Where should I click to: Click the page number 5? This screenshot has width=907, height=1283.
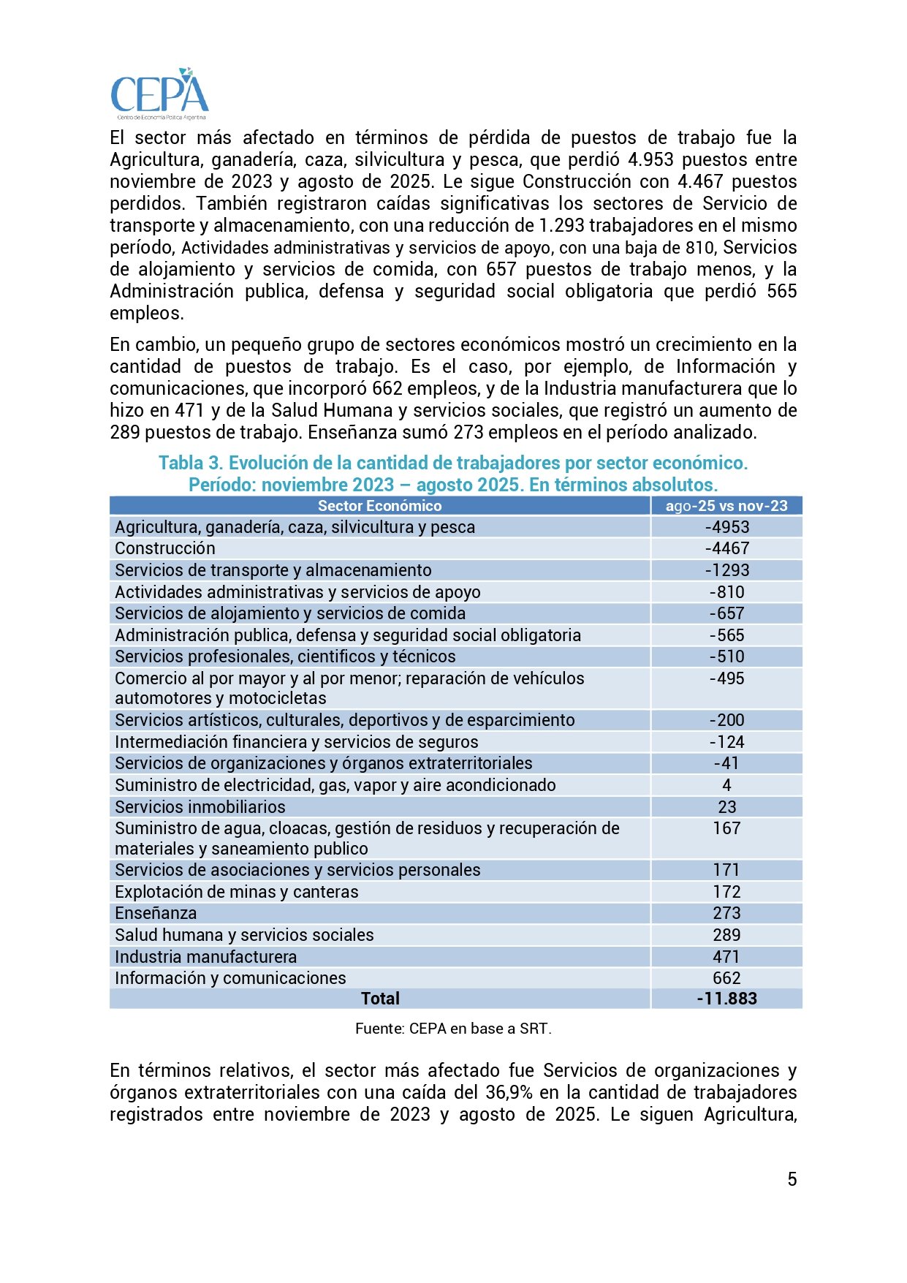[x=792, y=1179]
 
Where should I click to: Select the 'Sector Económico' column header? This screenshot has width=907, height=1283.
[x=379, y=506]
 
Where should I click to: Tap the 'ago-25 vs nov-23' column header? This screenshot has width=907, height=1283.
[x=726, y=506]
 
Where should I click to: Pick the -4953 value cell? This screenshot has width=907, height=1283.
[x=726, y=527]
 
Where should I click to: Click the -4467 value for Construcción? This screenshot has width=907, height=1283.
[x=726, y=548]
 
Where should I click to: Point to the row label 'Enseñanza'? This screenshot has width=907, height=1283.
[x=156, y=913]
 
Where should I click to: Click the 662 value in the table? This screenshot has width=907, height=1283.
[x=726, y=978]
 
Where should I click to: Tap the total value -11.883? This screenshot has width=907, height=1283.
[x=726, y=999]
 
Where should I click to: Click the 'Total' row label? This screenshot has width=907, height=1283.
[x=380, y=999]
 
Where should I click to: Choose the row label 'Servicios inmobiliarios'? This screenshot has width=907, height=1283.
[x=200, y=807]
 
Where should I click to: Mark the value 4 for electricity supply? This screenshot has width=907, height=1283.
[x=726, y=785]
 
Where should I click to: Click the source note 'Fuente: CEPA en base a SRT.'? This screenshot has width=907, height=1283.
[x=453, y=1029]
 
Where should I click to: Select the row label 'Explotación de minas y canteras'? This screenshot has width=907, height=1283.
[x=236, y=892]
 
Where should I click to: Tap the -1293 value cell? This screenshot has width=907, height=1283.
[x=726, y=570]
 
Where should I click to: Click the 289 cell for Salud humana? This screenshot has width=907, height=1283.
[x=726, y=935]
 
